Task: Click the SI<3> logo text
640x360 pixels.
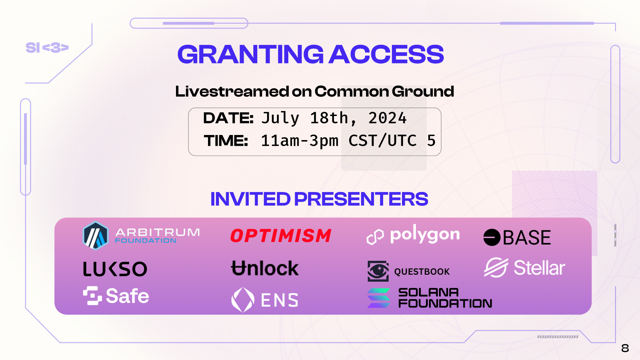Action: pyautogui.click(x=47, y=48)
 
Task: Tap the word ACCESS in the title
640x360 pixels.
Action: pyautogui.click(x=386, y=54)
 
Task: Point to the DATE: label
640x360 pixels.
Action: pyautogui.click(x=228, y=118)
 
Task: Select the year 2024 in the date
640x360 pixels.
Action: pyautogui.click(x=387, y=118)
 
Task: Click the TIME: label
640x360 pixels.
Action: pyautogui.click(x=226, y=141)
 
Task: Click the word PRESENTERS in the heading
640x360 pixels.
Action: pyautogui.click(x=361, y=199)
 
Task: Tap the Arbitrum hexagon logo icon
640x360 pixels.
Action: pyautogui.click(x=96, y=236)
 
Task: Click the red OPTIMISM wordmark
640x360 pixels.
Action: pyautogui.click(x=281, y=236)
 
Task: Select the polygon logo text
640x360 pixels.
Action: pyautogui.click(x=425, y=235)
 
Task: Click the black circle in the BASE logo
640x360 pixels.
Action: pyautogui.click(x=492, y=237)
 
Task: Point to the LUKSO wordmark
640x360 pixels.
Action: pyautogui.click(x=115, y=269)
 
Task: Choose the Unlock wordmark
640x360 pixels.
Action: pyautogui.click(x=265, y=268)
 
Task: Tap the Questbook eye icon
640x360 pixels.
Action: pyautogui.click(x=378, y=271)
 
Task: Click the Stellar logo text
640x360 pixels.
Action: pyautogui.click(x=539, y=268)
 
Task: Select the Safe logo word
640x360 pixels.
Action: pyautogui.click(x=127, y=296)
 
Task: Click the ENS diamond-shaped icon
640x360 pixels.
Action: pyautogui.click(x=243, y=300)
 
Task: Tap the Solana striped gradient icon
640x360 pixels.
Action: pyautogui.click(x=379, y=298)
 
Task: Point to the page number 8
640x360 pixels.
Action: pyautogui.click(x=625, y=348)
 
